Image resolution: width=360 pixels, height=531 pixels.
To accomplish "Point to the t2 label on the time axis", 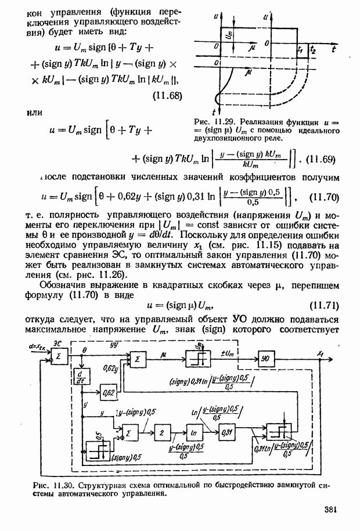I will point(314,50).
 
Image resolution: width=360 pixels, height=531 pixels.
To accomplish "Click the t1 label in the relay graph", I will point(300,50).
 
